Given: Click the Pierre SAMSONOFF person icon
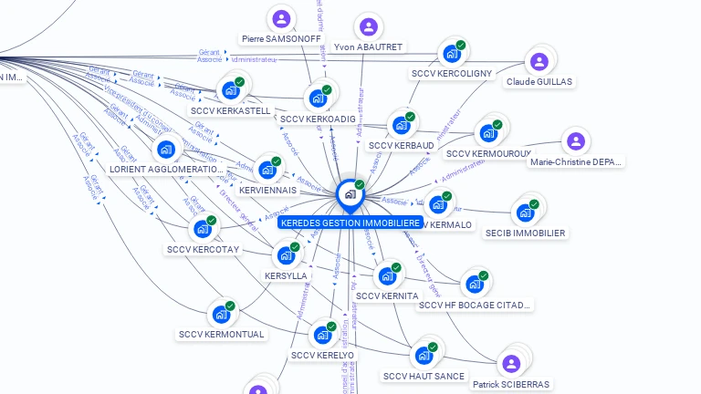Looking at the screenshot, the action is point(281,18).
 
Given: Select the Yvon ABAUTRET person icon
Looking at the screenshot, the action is point(368,27).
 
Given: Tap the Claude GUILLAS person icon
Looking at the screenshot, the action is point(539,61).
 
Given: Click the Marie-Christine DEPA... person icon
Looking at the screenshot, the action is point(575,141).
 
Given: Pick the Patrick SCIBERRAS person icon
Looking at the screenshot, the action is point(511,364).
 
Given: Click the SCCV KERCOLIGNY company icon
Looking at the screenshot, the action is point(450,54).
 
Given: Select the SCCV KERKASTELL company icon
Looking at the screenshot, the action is point(229,90).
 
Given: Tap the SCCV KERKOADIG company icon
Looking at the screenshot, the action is point(318,98).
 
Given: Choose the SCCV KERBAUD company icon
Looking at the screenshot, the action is point(400,125).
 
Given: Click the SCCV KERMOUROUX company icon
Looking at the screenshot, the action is point(487,133).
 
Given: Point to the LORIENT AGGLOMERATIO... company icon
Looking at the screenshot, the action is point(165,149).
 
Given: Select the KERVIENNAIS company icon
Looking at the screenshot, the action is point(267,170).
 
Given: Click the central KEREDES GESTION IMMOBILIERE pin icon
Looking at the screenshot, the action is point(349,194).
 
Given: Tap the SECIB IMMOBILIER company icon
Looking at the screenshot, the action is point(524,213).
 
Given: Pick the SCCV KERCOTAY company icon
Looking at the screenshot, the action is point(202,229).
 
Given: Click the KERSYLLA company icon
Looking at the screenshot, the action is point(285,254).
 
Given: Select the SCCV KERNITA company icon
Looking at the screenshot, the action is point(386,275).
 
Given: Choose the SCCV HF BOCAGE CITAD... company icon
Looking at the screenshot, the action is point(474,284).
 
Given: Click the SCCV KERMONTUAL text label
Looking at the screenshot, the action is point(222,334).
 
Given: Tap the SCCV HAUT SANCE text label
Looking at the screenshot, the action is point(424,376).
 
